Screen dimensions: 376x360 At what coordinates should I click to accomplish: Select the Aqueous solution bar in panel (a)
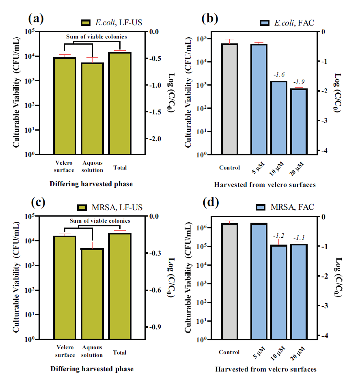tap(92, 108)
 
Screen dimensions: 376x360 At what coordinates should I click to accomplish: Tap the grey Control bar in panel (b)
tap(230, 99)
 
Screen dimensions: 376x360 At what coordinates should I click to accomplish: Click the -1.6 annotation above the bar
tap(279, 75)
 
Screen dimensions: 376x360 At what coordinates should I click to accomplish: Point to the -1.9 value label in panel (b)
tap(300, 82)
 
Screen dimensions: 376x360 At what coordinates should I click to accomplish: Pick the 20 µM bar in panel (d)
tap(299, 291)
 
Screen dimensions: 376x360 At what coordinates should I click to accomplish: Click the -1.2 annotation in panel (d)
tap(279, 235)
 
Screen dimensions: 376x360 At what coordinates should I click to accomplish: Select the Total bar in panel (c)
tap(120, 286)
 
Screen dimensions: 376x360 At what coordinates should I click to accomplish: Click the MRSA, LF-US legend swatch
tap(82, 208)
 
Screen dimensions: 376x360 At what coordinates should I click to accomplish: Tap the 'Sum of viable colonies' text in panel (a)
tap(97, 37)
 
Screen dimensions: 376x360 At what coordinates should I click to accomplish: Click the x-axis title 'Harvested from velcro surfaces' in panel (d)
tap(266, 369)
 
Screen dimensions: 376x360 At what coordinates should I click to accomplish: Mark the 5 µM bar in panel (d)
tap(259, 281)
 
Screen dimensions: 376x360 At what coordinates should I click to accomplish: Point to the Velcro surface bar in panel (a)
tap(65, 105)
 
